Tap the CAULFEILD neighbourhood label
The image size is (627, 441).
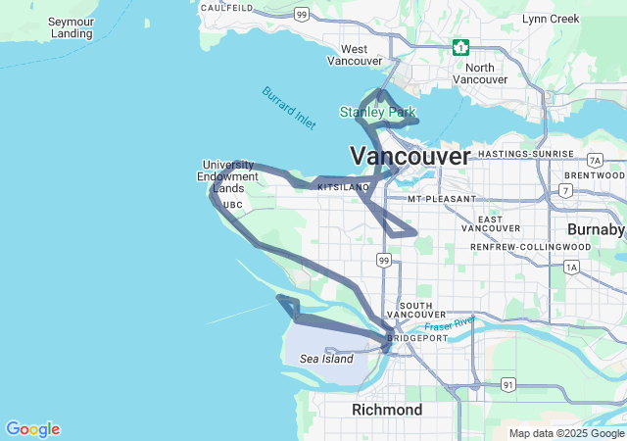(226, 8)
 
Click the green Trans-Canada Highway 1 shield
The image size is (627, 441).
(460, 47)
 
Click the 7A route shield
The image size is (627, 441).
(595, 160)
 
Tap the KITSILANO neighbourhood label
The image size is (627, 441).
(343, 186)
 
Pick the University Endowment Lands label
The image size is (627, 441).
(228, 176)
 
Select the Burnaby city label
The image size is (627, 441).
(595, 229)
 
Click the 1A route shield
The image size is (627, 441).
(572, 266)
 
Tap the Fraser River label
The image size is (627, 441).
(450, 324)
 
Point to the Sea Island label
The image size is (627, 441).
(326, 359)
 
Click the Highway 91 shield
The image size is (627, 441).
(507, 385)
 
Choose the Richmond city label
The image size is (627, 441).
(387, 410)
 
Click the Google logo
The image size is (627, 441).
(32, 429)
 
